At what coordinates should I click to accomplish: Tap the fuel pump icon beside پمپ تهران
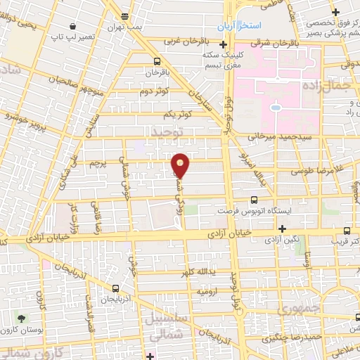click(124, 15)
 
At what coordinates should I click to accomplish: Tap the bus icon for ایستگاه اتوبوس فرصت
click(254, 200)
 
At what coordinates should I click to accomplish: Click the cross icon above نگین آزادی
click(282, 229)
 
